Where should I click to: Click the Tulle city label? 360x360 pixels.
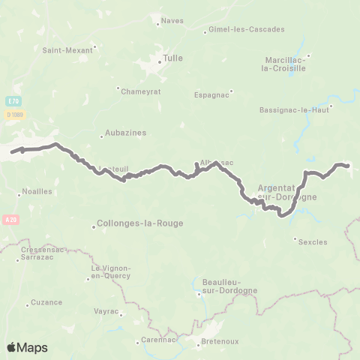tap(173, 58)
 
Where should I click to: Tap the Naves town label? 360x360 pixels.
tap(172, 22)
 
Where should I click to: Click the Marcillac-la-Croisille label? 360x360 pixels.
tap(286, 64)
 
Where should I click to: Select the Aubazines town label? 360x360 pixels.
tap(125, 133)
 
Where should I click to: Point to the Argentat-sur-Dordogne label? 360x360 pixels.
tap(287, 192)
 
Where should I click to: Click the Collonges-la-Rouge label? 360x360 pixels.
tap(141, 223)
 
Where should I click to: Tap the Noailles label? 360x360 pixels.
tap(37, 191)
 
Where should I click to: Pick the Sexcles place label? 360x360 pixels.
tap(313, 242)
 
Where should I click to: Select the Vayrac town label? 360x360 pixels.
tap(106, 310)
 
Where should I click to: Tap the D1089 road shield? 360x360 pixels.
tap(15, 114)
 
